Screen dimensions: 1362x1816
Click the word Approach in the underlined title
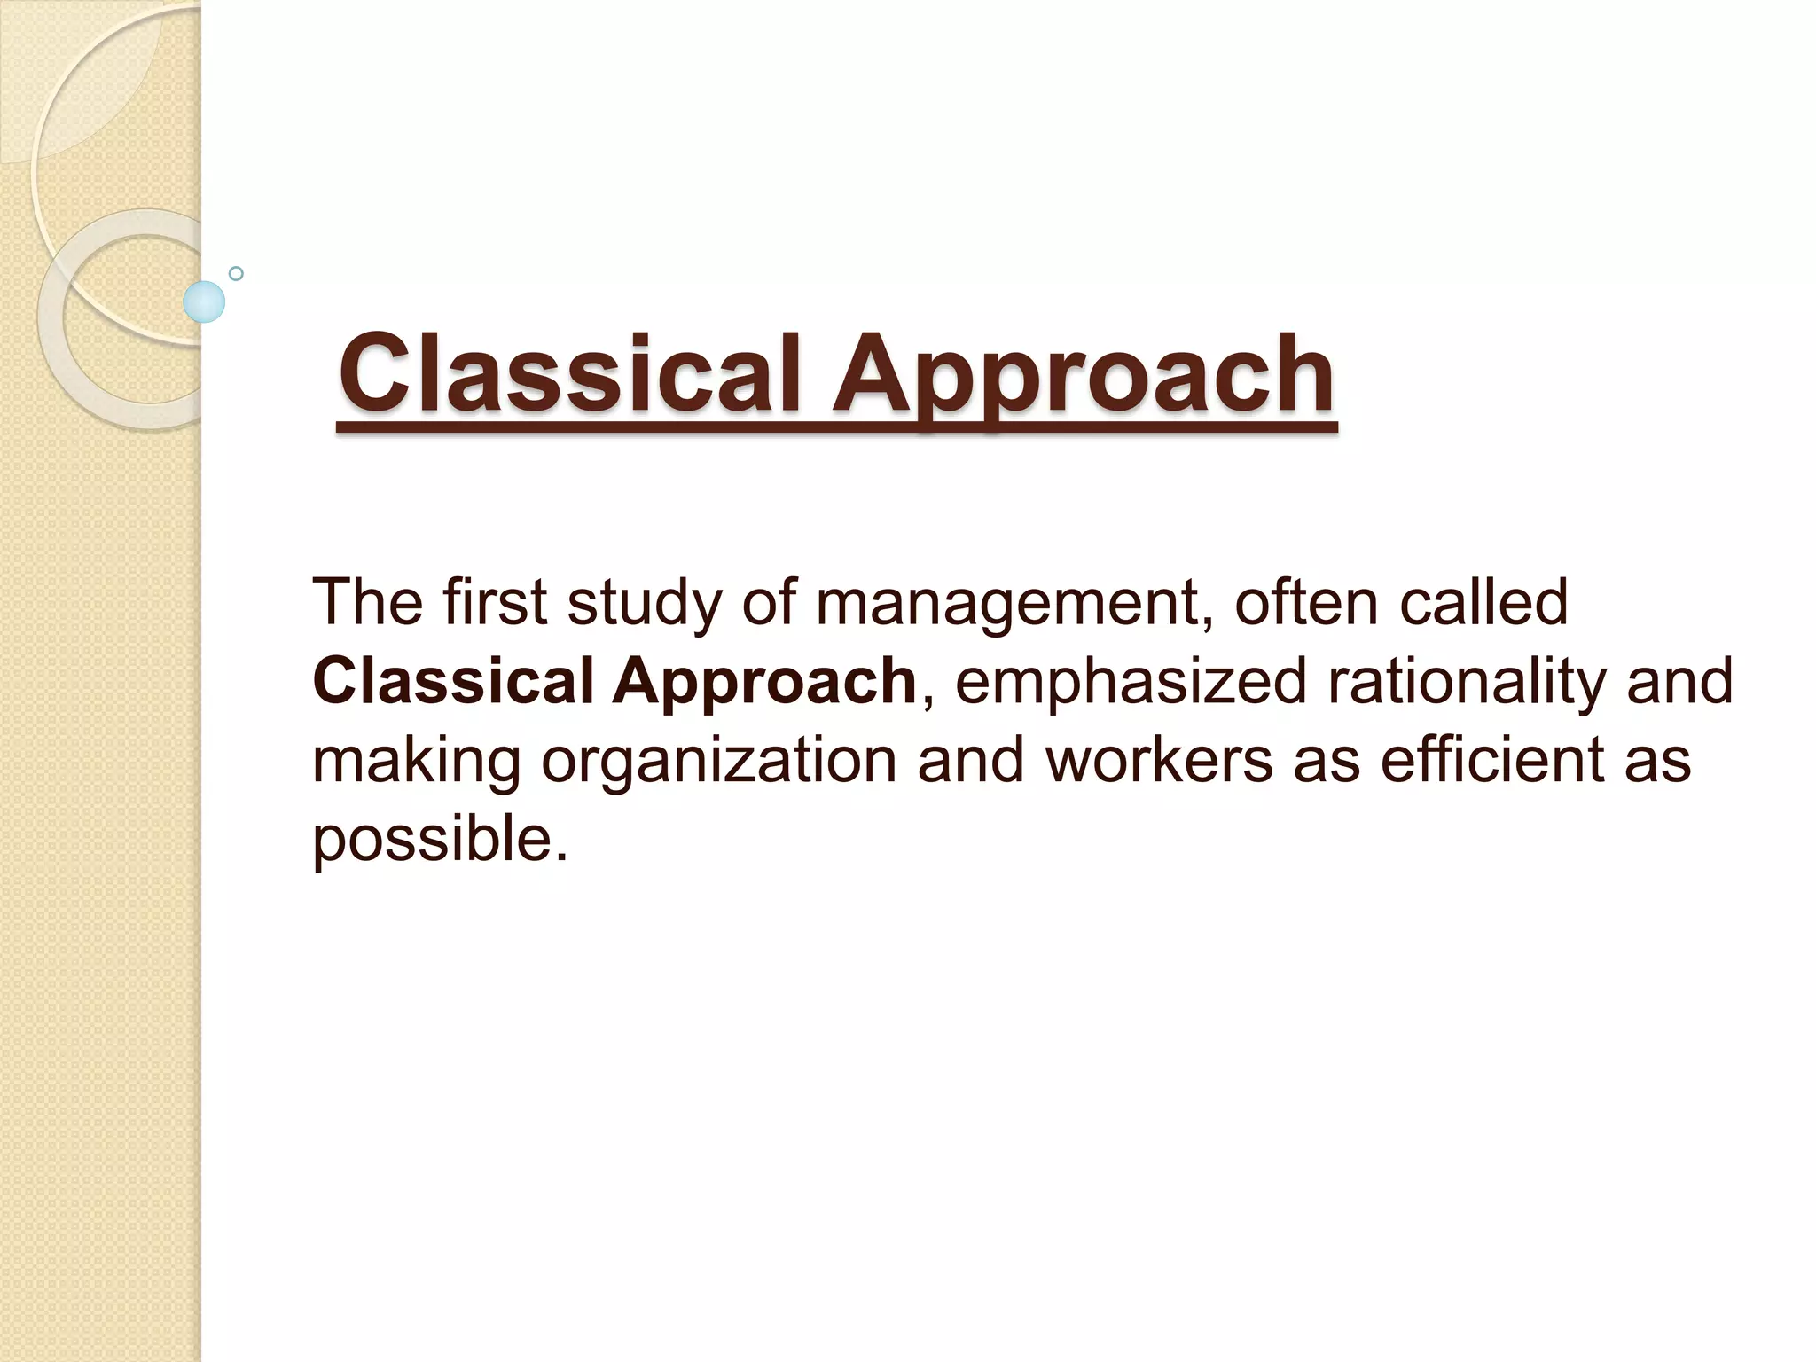click(1082, 377)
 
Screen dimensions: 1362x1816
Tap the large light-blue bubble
click(204, 301)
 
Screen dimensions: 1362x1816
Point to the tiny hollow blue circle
click(236, 273)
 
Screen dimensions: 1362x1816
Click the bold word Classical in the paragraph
click(453, 681)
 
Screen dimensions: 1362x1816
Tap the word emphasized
click(1131, 681)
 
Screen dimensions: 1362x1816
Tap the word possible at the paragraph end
click(440, 840)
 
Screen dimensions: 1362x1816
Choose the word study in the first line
click(645, 603)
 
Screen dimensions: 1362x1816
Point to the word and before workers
click(970, 760)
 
